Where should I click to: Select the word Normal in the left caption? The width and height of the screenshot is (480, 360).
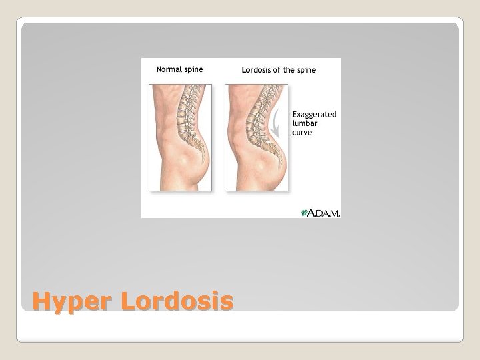[x=169, y=69]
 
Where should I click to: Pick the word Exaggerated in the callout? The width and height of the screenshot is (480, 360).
[x=315, y=114]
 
